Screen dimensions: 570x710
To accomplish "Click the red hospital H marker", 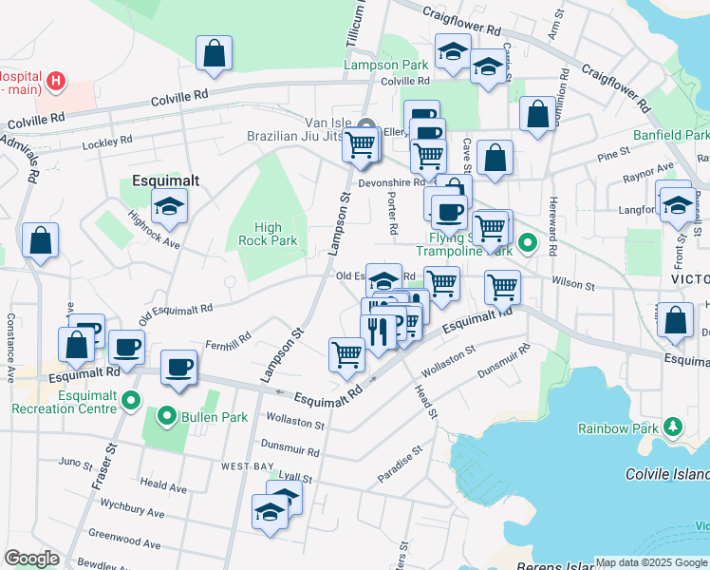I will [57, 81].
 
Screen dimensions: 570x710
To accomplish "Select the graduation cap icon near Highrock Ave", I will [169, 207].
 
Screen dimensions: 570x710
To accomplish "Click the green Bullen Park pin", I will [167, 416].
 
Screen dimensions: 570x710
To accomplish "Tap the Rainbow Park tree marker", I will [672, 427].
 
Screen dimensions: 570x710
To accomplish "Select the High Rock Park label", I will [275, 234].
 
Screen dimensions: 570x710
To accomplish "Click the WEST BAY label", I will [247, 466].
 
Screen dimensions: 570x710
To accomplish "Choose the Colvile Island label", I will [667, 474].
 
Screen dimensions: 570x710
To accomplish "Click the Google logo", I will [32, 559].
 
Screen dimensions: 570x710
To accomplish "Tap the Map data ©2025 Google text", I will [651, 562].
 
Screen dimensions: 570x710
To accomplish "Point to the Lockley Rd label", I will [106, 141].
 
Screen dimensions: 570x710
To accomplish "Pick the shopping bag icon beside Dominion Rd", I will [537, 113].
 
